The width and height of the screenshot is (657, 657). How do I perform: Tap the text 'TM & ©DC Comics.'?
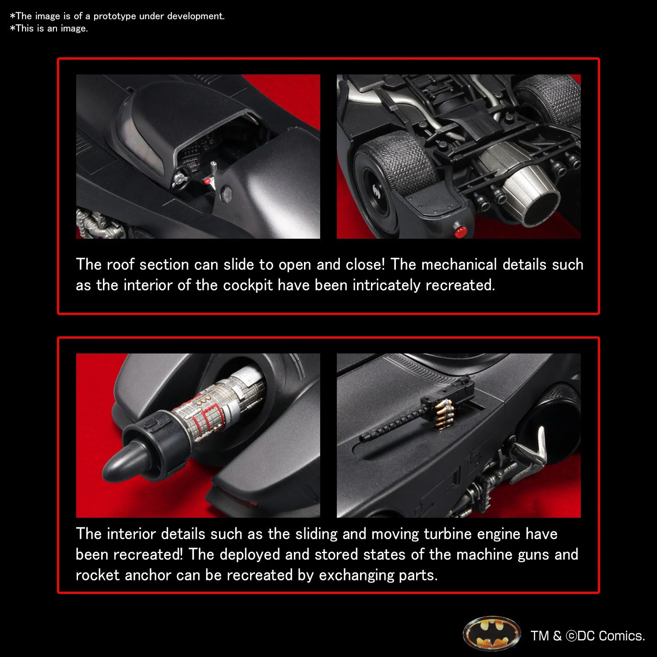(588, 636)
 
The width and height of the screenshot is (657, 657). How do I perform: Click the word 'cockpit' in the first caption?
(248, 285)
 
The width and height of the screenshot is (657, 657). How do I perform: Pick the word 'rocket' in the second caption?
(98, 575)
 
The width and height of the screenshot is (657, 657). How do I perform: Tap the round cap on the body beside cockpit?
(226, 191)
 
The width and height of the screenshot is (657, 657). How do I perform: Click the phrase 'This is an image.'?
(51, 28)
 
